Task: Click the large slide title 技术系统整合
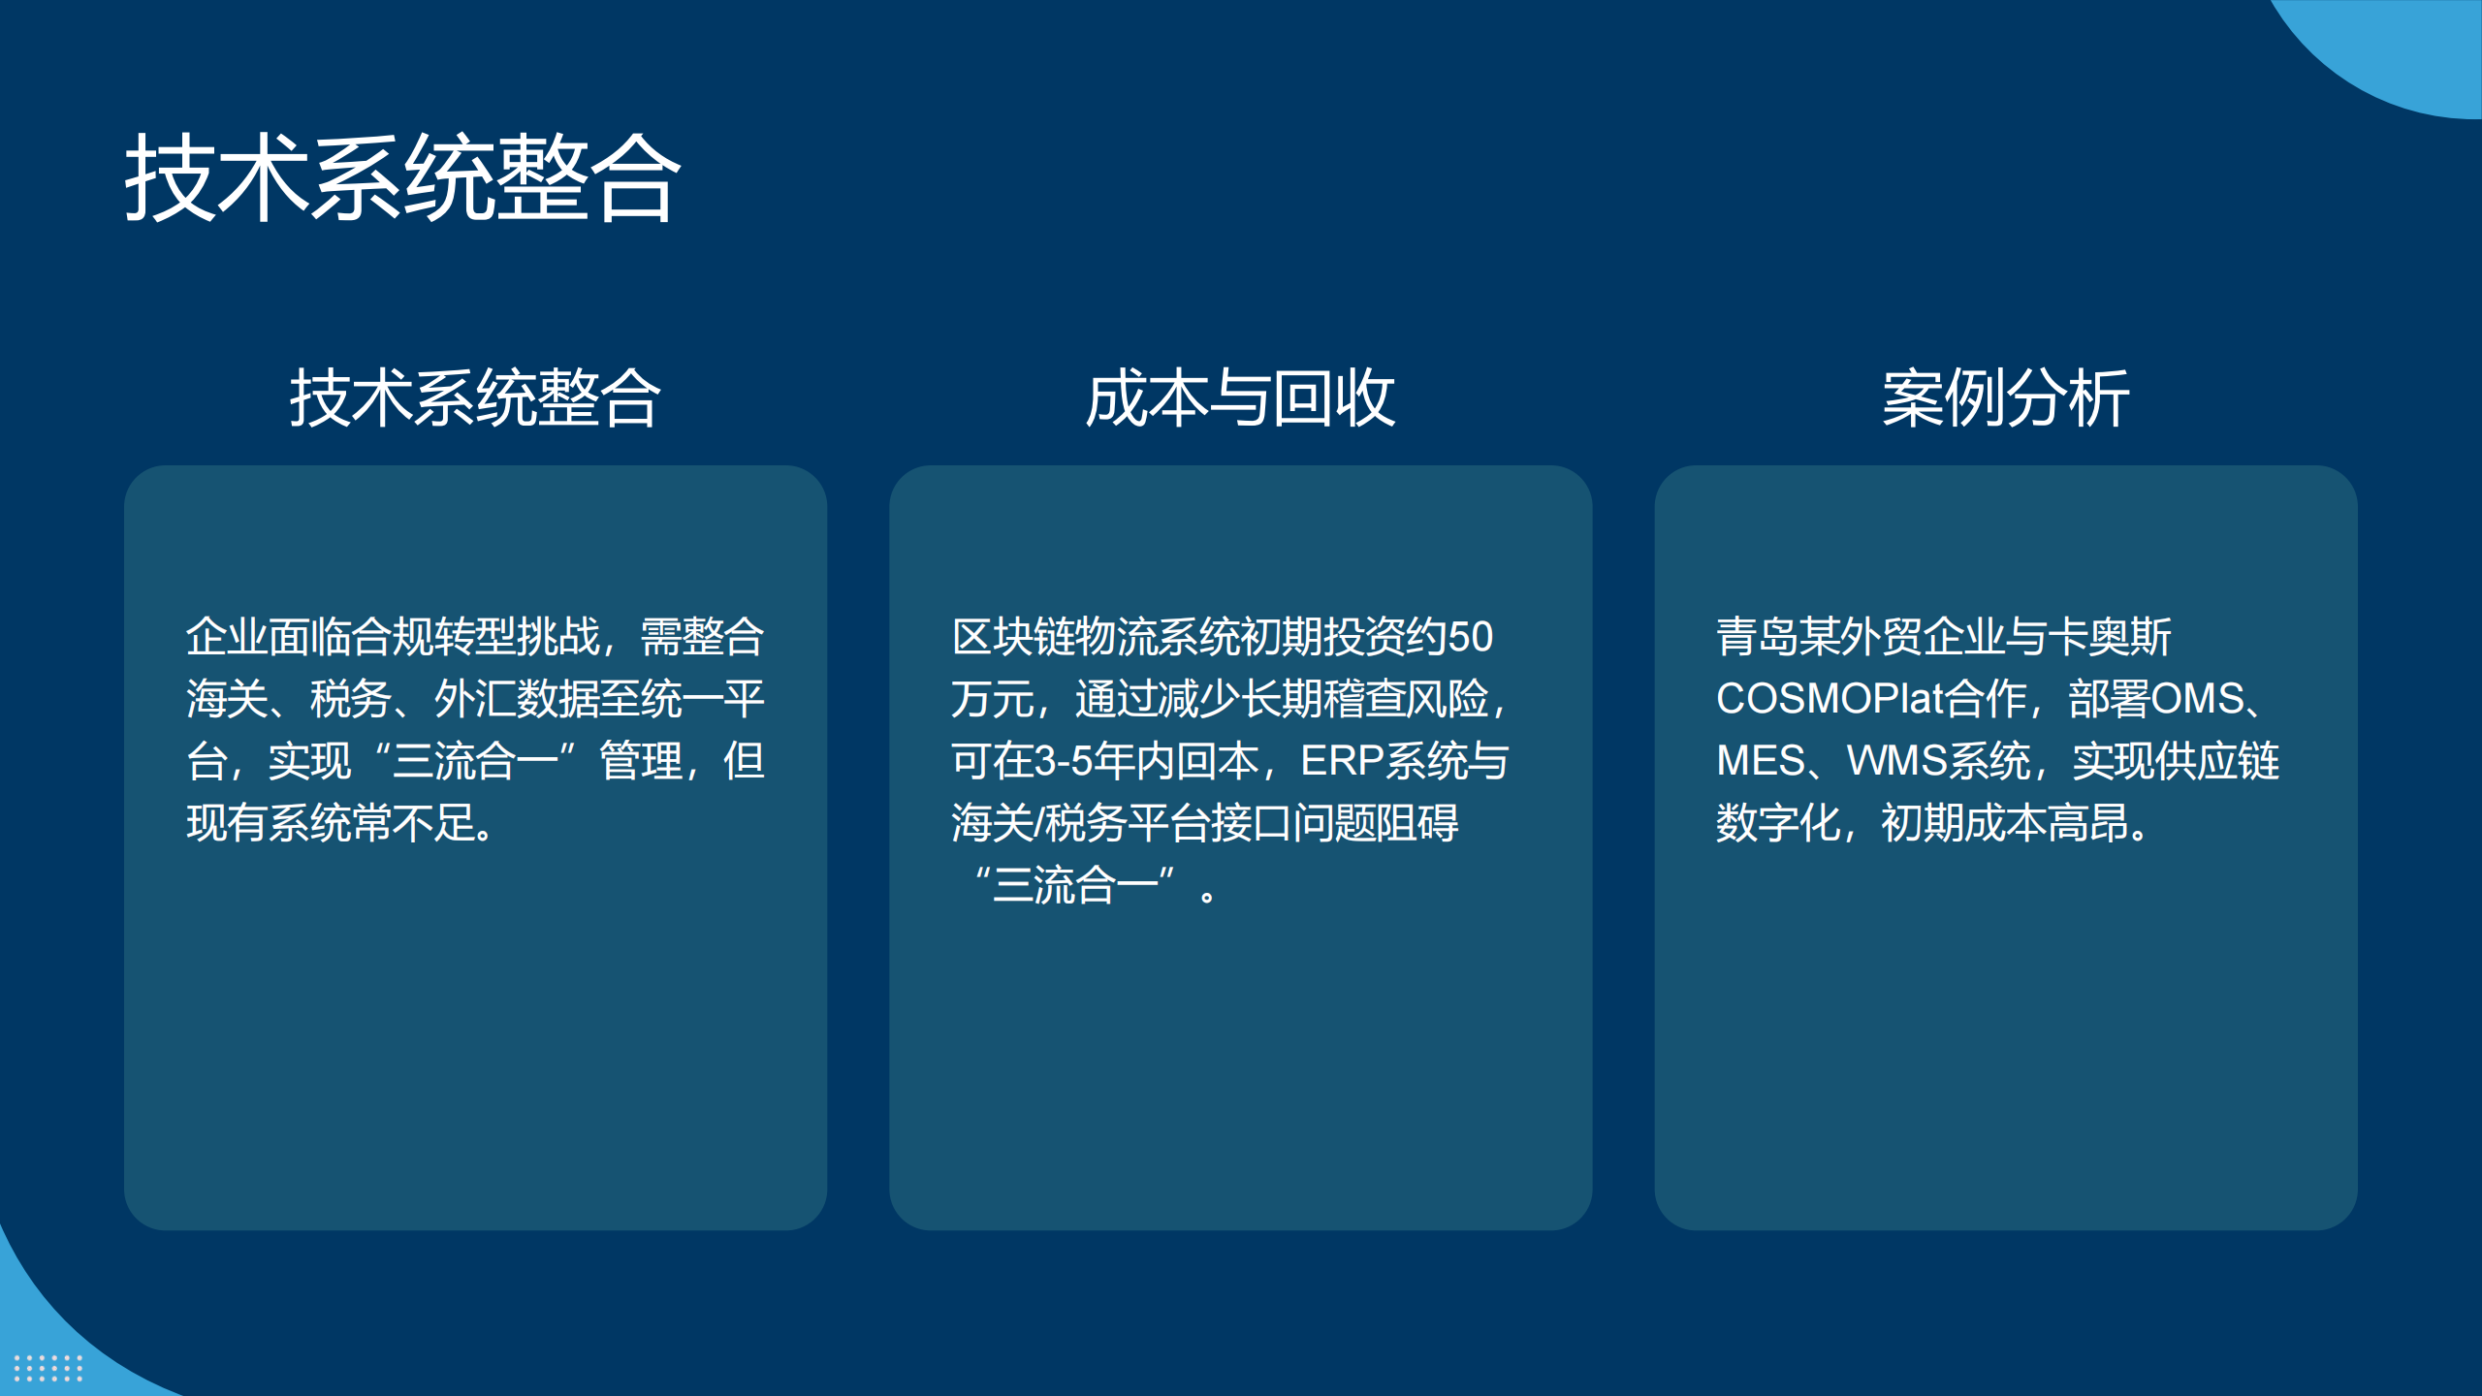click(402, 178)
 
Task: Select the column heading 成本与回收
click(1240, 398)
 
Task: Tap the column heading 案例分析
click(2005, 398)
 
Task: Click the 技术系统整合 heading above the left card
click(475, 398)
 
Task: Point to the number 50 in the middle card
click(1470, 637)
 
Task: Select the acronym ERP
click(1342, 761)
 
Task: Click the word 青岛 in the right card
click(1757, 637)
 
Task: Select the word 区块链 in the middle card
click(1013, 637)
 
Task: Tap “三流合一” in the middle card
click(1076, 885)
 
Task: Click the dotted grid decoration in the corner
click(48, 1368)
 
